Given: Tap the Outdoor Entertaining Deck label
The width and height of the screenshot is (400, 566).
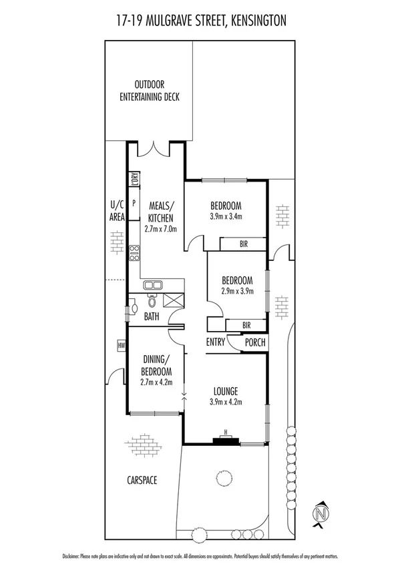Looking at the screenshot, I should point(150,91).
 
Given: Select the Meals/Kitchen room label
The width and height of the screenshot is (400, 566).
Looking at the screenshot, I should point(160,212).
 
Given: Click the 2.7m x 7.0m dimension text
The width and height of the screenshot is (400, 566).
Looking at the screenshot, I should point(160,228).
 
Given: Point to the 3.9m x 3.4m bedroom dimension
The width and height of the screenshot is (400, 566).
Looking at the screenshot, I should point(226,216).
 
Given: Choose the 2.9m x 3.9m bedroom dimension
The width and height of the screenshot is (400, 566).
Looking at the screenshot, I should point(237,290).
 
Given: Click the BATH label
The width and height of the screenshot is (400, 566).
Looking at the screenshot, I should point(152,316).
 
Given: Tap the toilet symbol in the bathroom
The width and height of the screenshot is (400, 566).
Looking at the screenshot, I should point(152,302).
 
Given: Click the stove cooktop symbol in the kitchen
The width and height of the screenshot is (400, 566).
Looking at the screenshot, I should point(134,252).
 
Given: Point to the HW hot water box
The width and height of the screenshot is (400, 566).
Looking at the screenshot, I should point(122,345).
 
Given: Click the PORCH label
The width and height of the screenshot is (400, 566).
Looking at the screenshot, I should point(255,342).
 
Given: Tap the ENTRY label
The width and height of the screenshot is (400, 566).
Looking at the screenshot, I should point(216,342).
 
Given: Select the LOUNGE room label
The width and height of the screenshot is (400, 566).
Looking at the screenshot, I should point(226,390).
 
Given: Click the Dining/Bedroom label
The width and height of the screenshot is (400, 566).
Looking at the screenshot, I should point(156,365).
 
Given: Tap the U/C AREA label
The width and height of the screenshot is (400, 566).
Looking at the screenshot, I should point(117,212).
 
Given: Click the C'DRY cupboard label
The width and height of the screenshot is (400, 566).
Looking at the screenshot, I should point(134,178).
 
